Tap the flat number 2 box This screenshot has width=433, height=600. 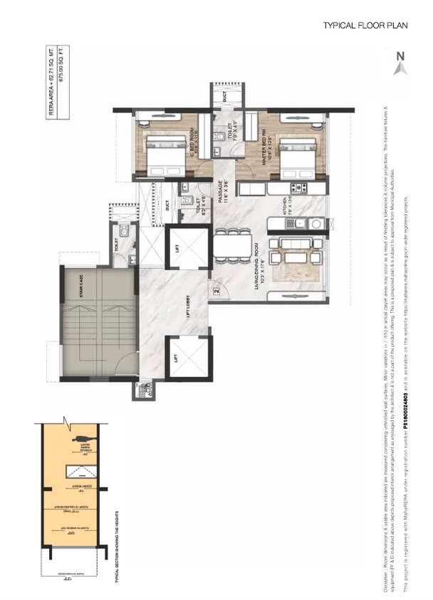tap(214, 289)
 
